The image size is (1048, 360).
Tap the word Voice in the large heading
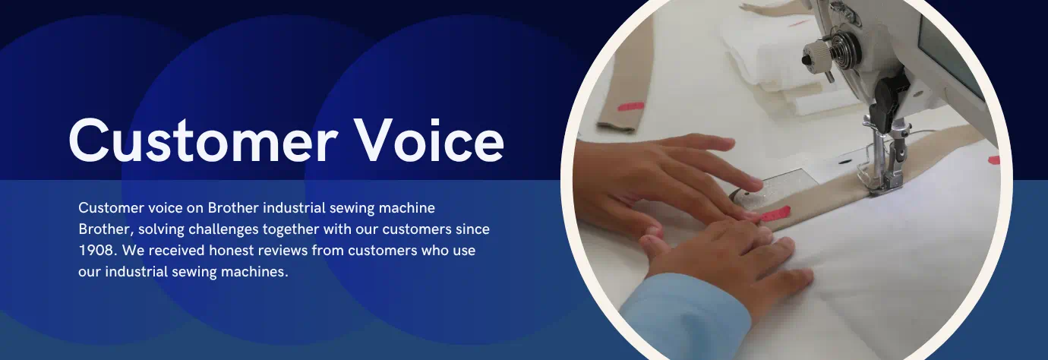tap(430, 140)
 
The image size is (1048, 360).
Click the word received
tap(176, 251)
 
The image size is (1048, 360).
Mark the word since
tap(472, 229)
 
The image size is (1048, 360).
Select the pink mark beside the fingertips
tap(775, 215)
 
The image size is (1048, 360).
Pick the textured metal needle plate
tap(778, 191)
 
